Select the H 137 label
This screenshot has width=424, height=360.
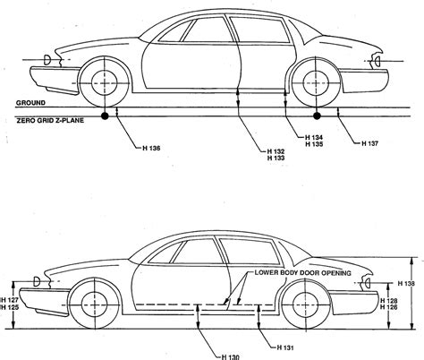[371, 141]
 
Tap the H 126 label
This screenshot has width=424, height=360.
[391, 307]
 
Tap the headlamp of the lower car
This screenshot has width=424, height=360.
[36, 280]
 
